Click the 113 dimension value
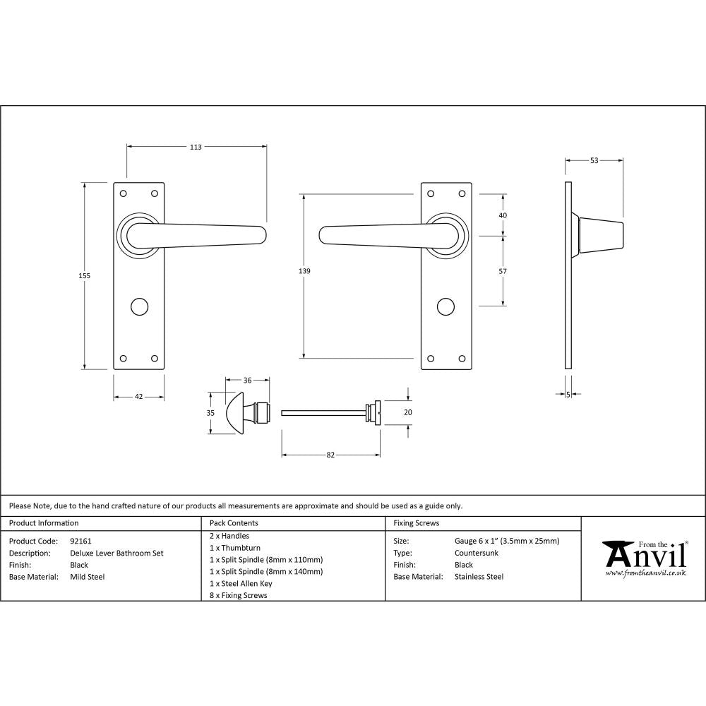(196, 147)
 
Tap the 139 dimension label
(304, 270)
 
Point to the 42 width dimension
(139, 397)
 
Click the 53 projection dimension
(594, 161)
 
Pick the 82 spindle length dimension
(330, 455)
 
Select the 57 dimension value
(503, 270)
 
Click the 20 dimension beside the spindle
(407, 412)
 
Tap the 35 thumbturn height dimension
(210, 412)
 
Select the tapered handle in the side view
(601, 235)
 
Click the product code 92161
(81, 542)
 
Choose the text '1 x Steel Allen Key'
(241, 584)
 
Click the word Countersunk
(477, 554)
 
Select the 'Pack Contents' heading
(234, 523)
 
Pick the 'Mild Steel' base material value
(88, 577)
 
